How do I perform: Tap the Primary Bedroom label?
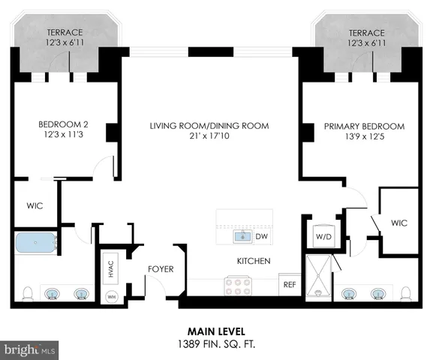pos(364,126)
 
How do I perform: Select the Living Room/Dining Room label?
pos(209,125)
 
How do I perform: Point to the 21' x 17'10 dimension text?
pos(209,136)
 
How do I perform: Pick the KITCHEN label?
pos(254,261)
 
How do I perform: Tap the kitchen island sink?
pos(242,237)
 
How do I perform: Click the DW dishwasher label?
pos(261,237)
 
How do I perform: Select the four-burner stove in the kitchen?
pos(237,286)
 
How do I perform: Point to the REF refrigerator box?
pos(288,286)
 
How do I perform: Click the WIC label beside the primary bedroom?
pos(398,222)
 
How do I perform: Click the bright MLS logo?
pos(30,350)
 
